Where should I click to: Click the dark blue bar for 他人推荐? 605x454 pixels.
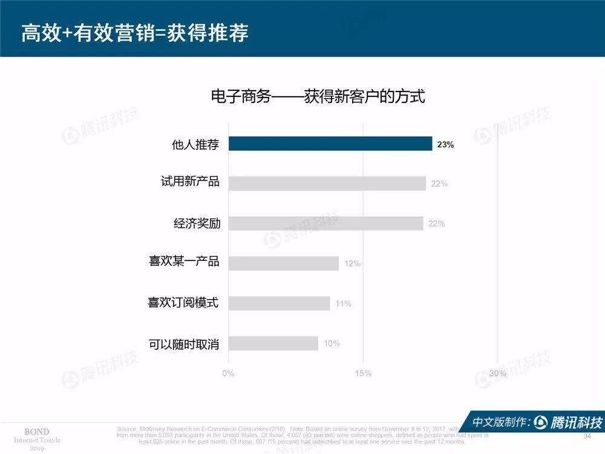click(330, 143)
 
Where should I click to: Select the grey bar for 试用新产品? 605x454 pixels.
click(327, 183)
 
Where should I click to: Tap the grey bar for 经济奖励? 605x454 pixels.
click(325, 223)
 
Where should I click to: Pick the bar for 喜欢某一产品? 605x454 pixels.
click(284, 263)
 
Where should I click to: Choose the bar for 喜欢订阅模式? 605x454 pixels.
click(280, 303)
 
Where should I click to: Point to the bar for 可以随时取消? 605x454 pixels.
click(273, 343)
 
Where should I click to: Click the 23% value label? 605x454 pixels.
click(445, 145)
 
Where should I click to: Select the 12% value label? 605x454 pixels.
click(352, 264)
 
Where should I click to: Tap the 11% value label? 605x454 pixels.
click(343, 304)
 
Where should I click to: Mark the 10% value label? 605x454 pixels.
click(332, 344)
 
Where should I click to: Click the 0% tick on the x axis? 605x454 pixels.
click(228, 373)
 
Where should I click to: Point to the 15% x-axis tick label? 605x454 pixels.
click(363, 373)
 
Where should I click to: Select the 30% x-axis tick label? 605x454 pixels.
click(497, 373)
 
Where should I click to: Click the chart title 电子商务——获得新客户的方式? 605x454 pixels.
click(318, 96)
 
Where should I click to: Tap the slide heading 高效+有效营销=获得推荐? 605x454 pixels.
click(135, 33)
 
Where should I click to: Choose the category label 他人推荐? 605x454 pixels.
click(195, 144)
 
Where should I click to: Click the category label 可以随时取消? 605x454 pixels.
click(184, 344)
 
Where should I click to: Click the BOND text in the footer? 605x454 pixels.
click(36, 432)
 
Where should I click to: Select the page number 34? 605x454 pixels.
click(586, 436)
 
